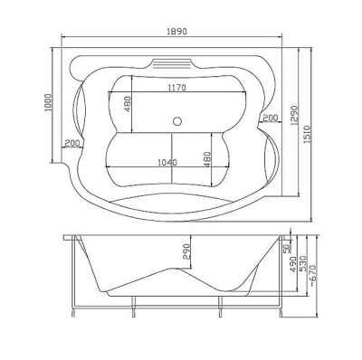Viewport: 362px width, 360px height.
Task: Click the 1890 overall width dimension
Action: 177,32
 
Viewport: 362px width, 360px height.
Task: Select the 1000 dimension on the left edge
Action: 49,103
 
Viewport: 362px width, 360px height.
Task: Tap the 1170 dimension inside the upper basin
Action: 177,88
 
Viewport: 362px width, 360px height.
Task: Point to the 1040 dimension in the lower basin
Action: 167,163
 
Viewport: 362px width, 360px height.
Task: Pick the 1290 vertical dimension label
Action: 295,115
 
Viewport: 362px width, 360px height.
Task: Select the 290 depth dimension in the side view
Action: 187,252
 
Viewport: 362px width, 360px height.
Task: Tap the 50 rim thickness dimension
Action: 287,249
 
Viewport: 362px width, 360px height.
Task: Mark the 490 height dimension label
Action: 293,264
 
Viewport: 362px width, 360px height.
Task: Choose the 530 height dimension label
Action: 303,264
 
